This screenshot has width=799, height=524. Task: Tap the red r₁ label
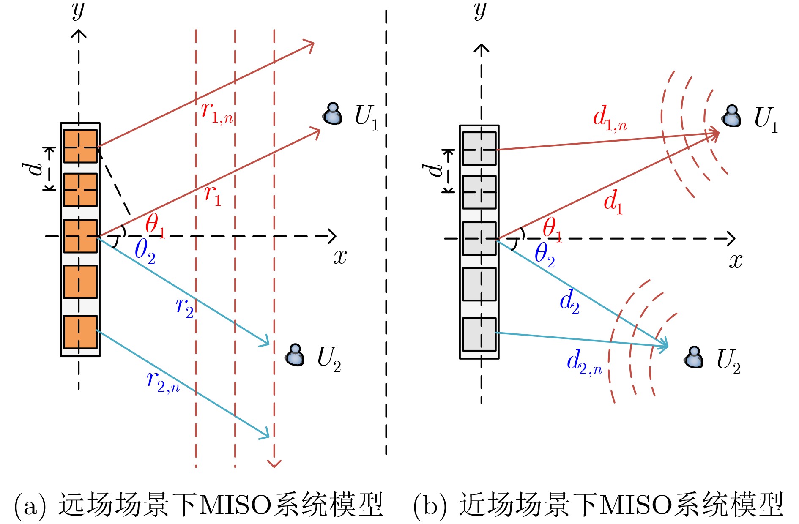213,196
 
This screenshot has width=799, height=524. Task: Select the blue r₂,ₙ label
163,381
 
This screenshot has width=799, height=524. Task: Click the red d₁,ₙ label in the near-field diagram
609,118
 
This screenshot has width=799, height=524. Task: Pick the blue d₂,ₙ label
584,363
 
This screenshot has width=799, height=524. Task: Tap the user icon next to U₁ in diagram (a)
333,114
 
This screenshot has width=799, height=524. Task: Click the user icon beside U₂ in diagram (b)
694,358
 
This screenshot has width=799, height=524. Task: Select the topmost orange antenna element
80,146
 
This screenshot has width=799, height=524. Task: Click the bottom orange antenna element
80,332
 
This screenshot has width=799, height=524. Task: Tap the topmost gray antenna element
479,149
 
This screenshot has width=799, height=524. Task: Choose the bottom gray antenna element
479,334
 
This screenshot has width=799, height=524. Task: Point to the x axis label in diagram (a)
340,257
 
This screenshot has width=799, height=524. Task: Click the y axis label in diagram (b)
480,11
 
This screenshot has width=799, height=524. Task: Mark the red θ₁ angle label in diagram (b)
552,229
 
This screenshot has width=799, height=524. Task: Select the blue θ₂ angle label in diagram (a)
145,251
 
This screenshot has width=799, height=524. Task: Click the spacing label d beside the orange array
33,168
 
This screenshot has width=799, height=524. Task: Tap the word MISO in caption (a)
234,505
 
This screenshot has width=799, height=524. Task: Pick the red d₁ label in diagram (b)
613,202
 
